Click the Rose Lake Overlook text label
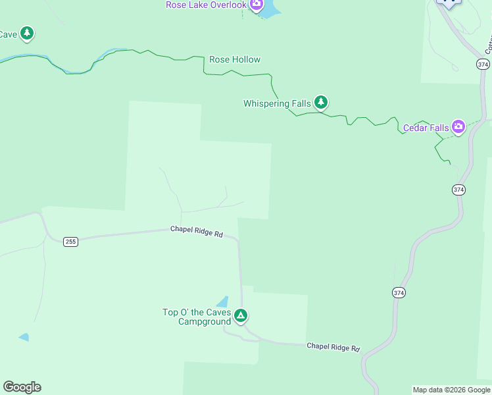click(206, 5)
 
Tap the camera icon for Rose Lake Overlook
click(256, 5)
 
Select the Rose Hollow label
click(235, 59)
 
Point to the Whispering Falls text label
click(277, 103)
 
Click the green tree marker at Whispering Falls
click(320, 102)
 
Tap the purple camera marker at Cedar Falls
click(458, 126)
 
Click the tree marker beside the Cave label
click(26, 33)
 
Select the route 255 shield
click(71, 242)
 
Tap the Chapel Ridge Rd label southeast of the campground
click(333, 347)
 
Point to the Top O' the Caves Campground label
click(197, 317)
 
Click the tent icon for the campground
click(241, 317)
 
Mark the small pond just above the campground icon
click(223, 302)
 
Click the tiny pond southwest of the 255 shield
click(24, 337)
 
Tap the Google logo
click(22, 387)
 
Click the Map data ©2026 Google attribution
click(451, 390)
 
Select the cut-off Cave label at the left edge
click(8, 34)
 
